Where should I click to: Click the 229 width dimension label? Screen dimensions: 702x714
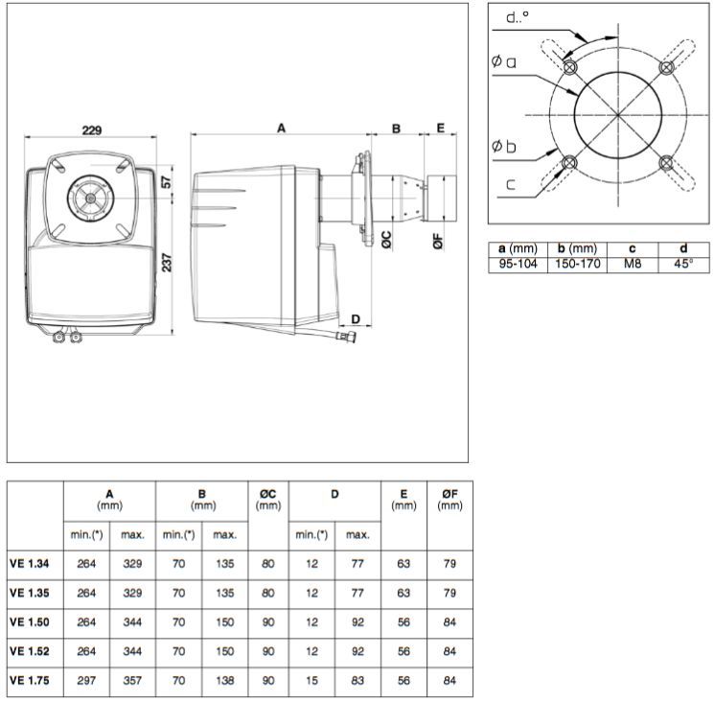click(x=91, y=129)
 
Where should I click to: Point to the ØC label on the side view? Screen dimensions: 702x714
click(x=386, y=240)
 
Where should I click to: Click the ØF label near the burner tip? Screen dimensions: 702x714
click(x=438, y=240)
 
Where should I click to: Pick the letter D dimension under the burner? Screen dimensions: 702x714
click(x=355, y=318)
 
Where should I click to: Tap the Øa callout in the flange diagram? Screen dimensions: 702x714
click(x=504, y=62)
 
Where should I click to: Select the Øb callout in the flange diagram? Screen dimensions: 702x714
click(x=504, y=147)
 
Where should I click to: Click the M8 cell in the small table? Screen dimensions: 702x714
click(x=632, y=263)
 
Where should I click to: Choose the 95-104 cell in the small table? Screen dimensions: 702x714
click(x=518, y=263)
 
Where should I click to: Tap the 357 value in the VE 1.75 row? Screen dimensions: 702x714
click(x=132, y=682)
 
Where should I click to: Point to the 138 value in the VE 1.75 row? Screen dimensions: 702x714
click(x=224, y=682)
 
